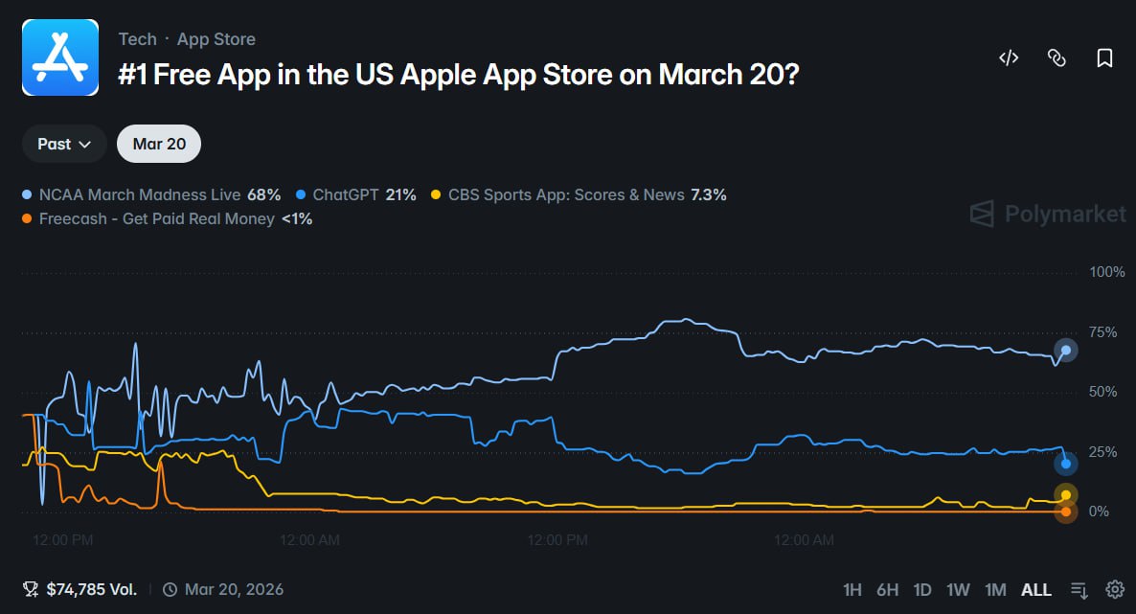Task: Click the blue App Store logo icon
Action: coord(60,57)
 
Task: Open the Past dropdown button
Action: coord(64,144)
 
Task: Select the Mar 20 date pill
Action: coord(159,144)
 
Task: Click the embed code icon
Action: coord(1009,58)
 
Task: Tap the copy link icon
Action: coord(1056,58)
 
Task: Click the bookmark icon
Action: coord(1104,58)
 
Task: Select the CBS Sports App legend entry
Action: coord(579,195)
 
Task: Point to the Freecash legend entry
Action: coord(168,219)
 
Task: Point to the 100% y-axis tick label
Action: coord(1107,272)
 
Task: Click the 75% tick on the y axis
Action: coord(1102,332)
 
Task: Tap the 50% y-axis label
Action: coord(1102,392)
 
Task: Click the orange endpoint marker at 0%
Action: coord(1066,512)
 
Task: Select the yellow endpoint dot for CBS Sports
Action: coord(1066,495)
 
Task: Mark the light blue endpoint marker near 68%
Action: coord(1066,351)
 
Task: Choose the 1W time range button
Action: coord(958,590)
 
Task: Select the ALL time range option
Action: coord(1036,590)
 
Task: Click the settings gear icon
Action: coord(1115,589)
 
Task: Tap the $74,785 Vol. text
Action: coord(91,589)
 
